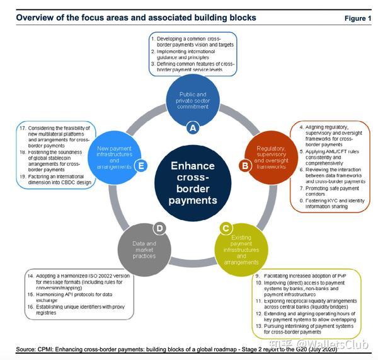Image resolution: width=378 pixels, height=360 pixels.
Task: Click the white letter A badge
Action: click(x=193, y=127)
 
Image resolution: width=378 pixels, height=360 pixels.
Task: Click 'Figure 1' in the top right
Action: click(x=357, y=18)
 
